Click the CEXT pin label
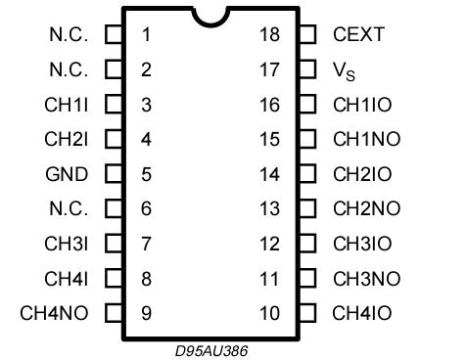(x=359, y=35)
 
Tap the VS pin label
(x=346, y=70)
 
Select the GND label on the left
(x=67, y=175)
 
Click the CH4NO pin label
(x=55, y=314)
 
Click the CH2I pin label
(x=67, y=140)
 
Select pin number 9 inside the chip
(x=146, y=314)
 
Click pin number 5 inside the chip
(x=146, y=175)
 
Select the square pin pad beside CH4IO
(x=307, y=314)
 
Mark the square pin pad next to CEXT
(x=307, y=35)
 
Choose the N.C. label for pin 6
(x=69, y=209)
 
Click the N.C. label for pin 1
(x=69, y=35)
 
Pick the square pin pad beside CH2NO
(x=307, y=209)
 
